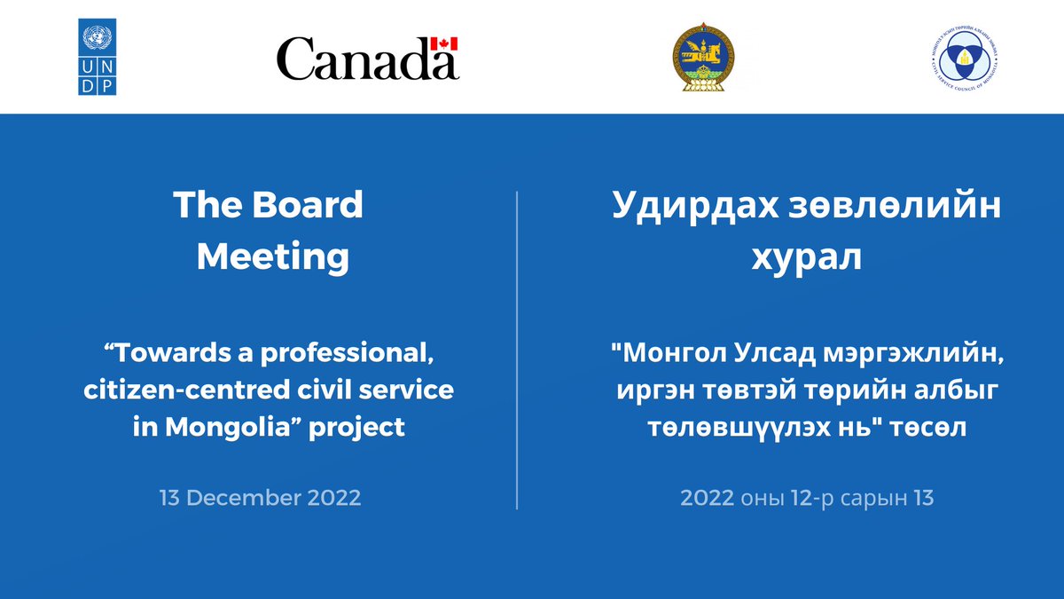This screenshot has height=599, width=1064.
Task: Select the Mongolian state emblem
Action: [x=702, y=58]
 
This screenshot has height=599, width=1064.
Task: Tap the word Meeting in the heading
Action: [x=272, y=257]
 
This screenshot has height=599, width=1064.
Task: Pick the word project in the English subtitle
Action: [x=364, y=427]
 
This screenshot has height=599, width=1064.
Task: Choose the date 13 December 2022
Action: [x=261, y=497]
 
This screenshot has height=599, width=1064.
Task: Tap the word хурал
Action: [x=807, y=257]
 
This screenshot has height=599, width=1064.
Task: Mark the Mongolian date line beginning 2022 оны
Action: [x=807, y=498]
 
